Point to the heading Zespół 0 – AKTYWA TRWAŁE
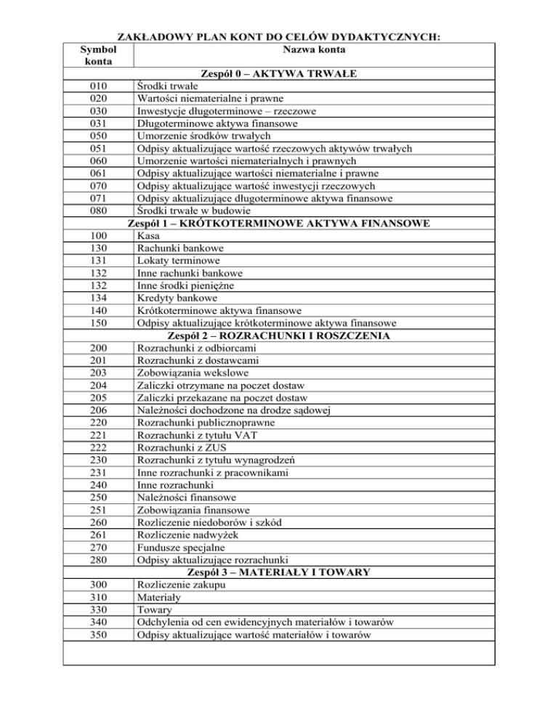pos(280,74)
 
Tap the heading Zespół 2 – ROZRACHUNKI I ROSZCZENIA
pos(279,336)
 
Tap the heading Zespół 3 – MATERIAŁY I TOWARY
pos(280,572)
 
